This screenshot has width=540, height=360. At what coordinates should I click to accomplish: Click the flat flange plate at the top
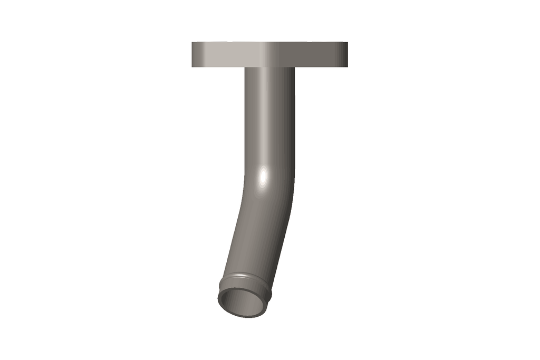[x=269, y=54]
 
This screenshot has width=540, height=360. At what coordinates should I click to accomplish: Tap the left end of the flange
[x=193, y=54]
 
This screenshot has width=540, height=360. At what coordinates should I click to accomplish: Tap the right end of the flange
[x=346, y=54]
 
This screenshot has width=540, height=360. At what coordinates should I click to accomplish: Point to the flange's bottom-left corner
[x=192, y=66]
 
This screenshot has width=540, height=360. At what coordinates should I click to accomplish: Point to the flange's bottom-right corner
[x=347, y=66]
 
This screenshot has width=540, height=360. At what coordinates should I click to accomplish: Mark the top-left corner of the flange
[x=192, y=42]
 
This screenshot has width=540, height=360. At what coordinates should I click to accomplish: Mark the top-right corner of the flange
[x=347, y=42]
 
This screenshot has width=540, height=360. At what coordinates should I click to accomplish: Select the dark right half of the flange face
[x=316, y=54]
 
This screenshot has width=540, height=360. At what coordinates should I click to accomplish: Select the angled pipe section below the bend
[x=253, y=237]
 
